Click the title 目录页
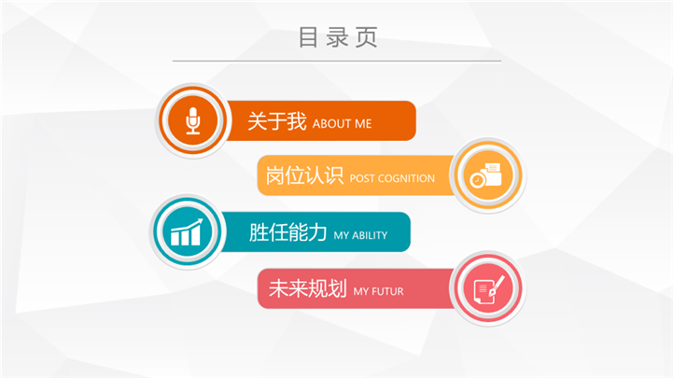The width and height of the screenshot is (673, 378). [338, 37]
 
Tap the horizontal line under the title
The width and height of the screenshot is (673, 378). [337, 61]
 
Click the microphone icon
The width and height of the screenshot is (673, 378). [192, 120]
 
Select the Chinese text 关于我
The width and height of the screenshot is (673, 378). [277, 121]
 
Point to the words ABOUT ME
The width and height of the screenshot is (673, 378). [342, 124]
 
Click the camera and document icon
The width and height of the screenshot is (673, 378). [486, 175]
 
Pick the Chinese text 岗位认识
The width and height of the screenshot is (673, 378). [304, 175]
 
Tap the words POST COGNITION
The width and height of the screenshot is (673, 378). [392, 178]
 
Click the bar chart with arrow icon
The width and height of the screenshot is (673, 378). [187, 231]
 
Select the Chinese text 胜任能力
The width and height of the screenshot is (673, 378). [288, 232]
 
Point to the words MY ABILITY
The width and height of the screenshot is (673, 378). [360, 235]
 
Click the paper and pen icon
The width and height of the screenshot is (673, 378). [489, 288]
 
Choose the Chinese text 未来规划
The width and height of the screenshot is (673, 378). [308, 288]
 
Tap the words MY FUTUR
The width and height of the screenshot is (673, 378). [379, 292]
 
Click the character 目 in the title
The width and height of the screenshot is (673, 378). [308, 37]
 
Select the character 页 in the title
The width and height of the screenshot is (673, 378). [367, 37]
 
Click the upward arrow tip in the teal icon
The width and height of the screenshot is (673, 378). [200, 220]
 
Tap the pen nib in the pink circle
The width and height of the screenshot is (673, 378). [492, 292]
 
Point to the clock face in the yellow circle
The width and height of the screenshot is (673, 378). [477, 181]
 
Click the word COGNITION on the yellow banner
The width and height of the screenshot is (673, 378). [406, 178]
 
